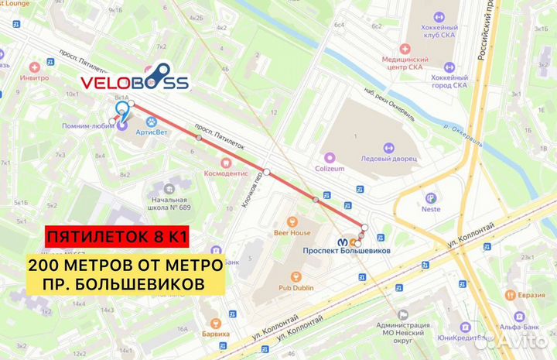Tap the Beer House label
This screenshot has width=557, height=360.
(x=292, y=232)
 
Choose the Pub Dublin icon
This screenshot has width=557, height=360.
(x=294, y=276)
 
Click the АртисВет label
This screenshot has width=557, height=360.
(x=152, y=132)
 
